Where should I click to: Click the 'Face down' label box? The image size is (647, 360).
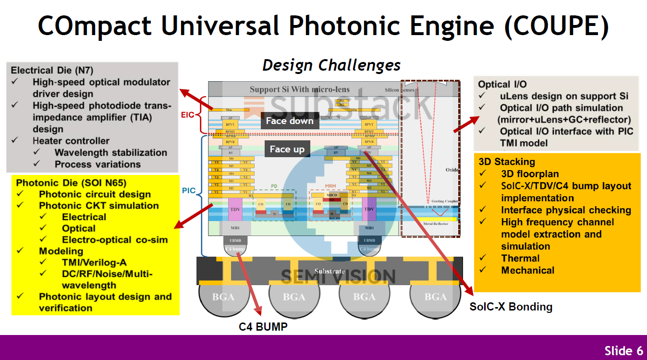click(x=290, y=121)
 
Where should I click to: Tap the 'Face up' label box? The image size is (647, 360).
click(x=287, y=149)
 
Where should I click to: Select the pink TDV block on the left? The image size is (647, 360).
click(x=235, y=209)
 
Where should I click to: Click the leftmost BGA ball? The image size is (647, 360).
click(x=223, y=296)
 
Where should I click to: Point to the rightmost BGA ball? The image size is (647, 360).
click(x=435, y=296)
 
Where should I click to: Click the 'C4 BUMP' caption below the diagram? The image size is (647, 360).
click(x=263, y=327)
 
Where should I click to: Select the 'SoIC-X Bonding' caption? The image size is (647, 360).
click(x=511, y=307)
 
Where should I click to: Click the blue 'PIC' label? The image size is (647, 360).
click(x=189, y=191)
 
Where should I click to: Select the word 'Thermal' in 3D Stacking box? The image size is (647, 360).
click(x=520, y=258)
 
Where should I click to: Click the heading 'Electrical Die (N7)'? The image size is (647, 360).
click(x=59, y=70)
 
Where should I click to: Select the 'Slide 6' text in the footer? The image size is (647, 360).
click(x=623, y=350)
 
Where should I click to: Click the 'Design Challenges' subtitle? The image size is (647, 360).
click(x=331, y=65)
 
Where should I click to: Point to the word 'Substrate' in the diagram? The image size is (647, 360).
click(x=330, y=271)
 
